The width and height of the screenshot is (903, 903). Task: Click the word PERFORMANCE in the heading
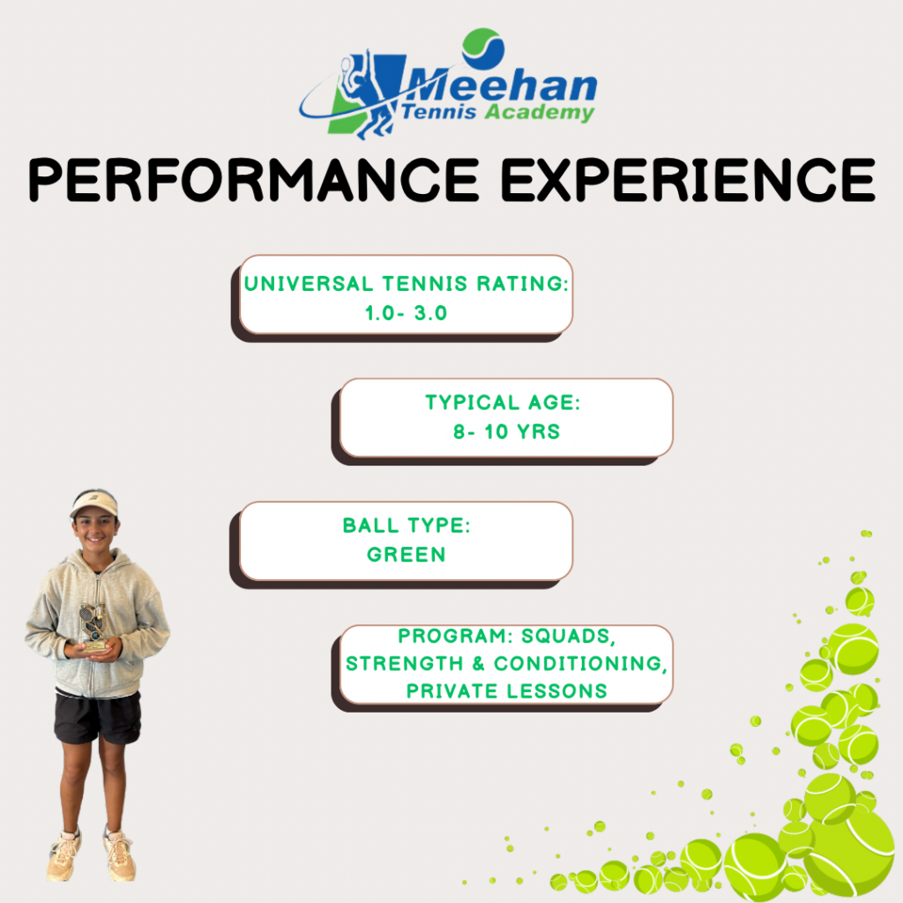[253, 180]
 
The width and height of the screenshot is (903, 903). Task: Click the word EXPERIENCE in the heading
[688, 180]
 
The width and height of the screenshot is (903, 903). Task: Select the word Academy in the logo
[539, 112]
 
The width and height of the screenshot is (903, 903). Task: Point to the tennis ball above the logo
[483, 49]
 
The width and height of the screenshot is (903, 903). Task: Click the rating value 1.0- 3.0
[406, 313]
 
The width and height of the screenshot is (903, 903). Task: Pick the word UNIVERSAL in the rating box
[309, 284]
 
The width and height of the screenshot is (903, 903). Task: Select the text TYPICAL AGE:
[503, 402]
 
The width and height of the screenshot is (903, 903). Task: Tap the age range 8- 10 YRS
[507, 431]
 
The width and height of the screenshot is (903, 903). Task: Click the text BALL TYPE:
[407, 526]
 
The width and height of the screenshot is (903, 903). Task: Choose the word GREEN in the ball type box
[406, 555]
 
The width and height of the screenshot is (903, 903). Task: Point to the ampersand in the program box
[479, 663]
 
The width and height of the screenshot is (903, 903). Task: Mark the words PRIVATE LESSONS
[507, 690]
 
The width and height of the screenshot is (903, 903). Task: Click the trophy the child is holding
[93, 628]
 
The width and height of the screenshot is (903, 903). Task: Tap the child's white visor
[93, 504]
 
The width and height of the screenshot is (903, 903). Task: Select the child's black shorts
[97, 717]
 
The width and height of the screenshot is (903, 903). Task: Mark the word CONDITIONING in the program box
[578, 663]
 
